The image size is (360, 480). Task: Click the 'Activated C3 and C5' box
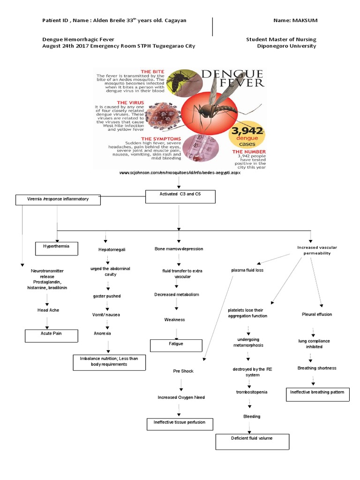click(x=180, y=196)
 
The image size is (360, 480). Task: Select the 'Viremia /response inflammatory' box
click(x=58, y=200)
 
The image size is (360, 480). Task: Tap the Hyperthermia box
click(x=57, y=248)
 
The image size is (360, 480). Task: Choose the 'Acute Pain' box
click(x=51, y=336)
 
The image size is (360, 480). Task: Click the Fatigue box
click(x=176, y=345)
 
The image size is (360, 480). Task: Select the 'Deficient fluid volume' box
click(x=252, y=441)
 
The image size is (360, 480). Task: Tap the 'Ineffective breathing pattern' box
click(x=317, y=394)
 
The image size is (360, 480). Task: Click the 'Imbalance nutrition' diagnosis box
click(x=109, y=362)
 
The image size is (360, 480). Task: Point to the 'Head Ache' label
click(x=48, y=310)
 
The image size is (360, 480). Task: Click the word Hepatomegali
click(x=112, y=250)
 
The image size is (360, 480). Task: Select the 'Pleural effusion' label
click(x=317, y=314)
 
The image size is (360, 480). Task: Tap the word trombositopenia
click(x=252, y=391)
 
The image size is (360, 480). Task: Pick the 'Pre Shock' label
click(x=183, y=371)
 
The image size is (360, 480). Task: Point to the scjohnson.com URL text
click(x=180, y=173)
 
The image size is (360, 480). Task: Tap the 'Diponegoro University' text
click(x=287, y=46)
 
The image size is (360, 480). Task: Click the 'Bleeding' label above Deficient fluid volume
click(x=252, y=416)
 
